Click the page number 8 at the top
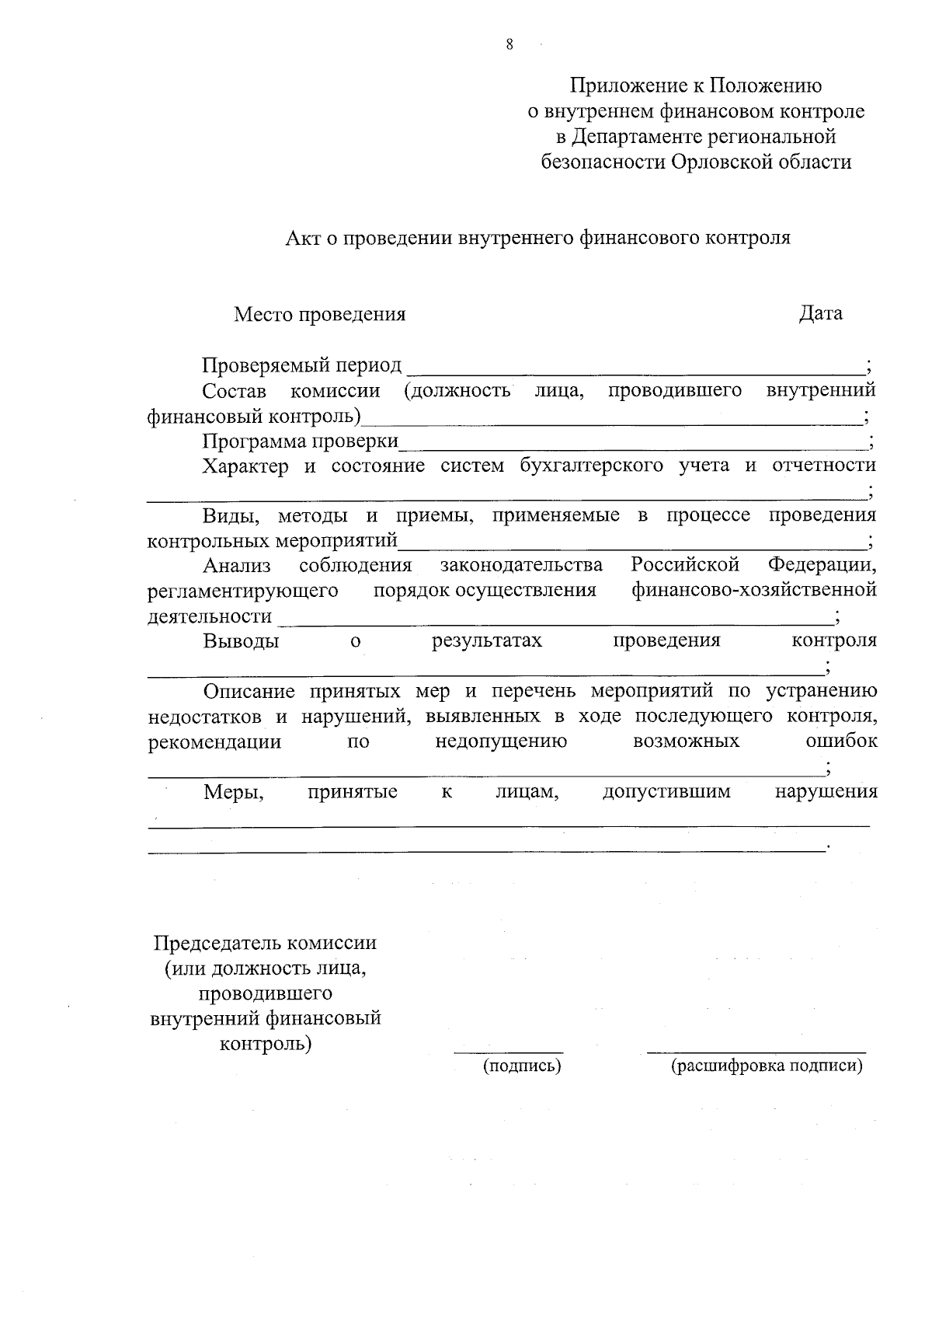click(509, 44)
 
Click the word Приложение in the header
click(627, 85)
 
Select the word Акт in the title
click(301, 238)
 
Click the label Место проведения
click(320, 315)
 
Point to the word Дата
click(821, 314)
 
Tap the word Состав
click(234, 391)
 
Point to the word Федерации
click(822, 565)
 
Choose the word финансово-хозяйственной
click(754, 590)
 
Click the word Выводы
click(242, 641)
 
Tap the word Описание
click(249, 691)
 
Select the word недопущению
click(501, 742)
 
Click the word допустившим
click(666, 792)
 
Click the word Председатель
click(217, 944)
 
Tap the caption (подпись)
click(522, 1066)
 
